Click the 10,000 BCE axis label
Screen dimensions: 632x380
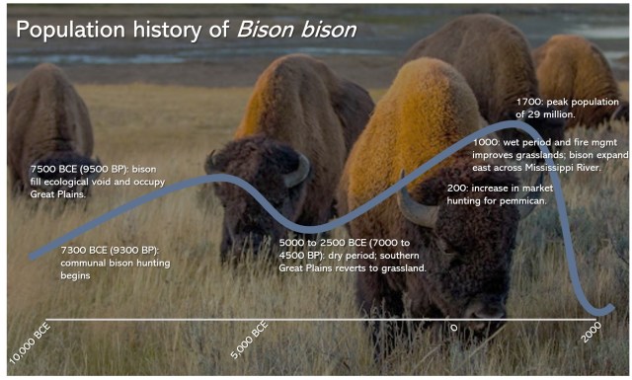pyautogui.click(x=30, y=342)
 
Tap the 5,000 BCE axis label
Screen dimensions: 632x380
pyautogui.click(x=250, y=340)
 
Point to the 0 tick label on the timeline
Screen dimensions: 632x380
pyautogui.click(x=454, y=328)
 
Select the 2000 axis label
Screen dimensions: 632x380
pyautogui.click(x=591, y=332)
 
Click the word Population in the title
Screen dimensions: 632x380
pyautogui.click(x=70, y=30)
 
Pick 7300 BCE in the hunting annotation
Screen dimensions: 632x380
pyautogui.click(x=84, y=251)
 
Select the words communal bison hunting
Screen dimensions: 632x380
pyautogui.click(x=116, y=264)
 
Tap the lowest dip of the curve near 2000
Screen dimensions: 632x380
pyautogui.click(x=596, y=313)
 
